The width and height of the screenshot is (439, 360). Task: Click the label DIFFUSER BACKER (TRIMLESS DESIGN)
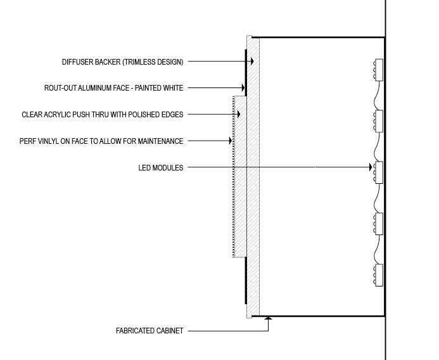pyautogui.click(x=123, y=62)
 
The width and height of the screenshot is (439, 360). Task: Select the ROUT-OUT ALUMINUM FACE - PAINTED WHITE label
pyautogui.click(x=113, y=88)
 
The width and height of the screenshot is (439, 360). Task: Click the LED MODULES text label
pyautogui.click(x=161, y=168)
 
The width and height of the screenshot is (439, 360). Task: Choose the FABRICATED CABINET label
pyautogui.click(x=150, y=331)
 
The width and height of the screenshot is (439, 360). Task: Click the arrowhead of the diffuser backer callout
pyautogui.click(x=252, y=61)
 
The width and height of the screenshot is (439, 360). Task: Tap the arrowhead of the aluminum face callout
pyautogui.click(x=243, y=87)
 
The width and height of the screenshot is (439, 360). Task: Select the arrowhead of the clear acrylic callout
pyautogui.click(x=239, y=114)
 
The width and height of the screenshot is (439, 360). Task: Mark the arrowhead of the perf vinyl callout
pyautogui.click(x=231, y=141)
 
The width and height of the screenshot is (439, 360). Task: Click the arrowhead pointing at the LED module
pyautogui.click(x=371, y=167)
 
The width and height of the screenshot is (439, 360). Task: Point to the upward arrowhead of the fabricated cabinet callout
pyautogui.click(x=268, y=318)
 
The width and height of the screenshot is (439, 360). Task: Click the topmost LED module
pyautogui.click(x=378, y=70)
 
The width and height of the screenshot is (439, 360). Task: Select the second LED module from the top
pyautogui.click(x=378, y=121)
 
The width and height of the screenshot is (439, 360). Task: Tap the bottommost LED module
pyautogui.click(x=378, y=275)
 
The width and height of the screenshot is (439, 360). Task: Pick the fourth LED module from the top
pyautogui.click(x=378, y=224)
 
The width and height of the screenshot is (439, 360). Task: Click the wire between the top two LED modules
pyautogui.click(x=377, y=96)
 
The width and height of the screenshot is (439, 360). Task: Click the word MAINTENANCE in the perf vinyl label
pyautogui.click(x=160, y=141)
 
